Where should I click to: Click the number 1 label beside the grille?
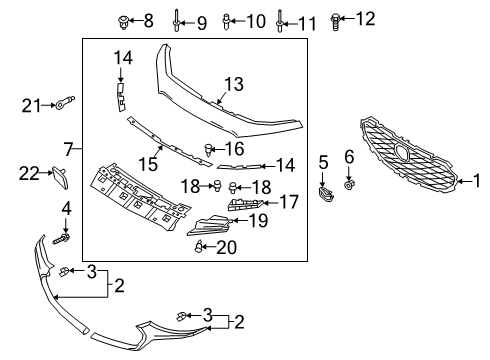477,181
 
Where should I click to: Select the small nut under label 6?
349,184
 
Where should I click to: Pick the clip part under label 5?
326,194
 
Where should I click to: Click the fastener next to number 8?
124,22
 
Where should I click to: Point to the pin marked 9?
176,20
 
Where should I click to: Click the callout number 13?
234,84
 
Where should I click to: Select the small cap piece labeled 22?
60,177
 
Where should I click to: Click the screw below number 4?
62,239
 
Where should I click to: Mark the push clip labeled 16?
209,150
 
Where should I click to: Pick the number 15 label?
148,164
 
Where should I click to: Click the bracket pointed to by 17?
245,204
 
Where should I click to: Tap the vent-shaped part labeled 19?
210,225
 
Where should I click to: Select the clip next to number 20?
198,246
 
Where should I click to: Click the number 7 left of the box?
69,149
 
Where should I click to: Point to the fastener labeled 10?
226,22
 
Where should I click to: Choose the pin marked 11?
279,21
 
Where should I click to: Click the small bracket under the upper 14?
120,96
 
